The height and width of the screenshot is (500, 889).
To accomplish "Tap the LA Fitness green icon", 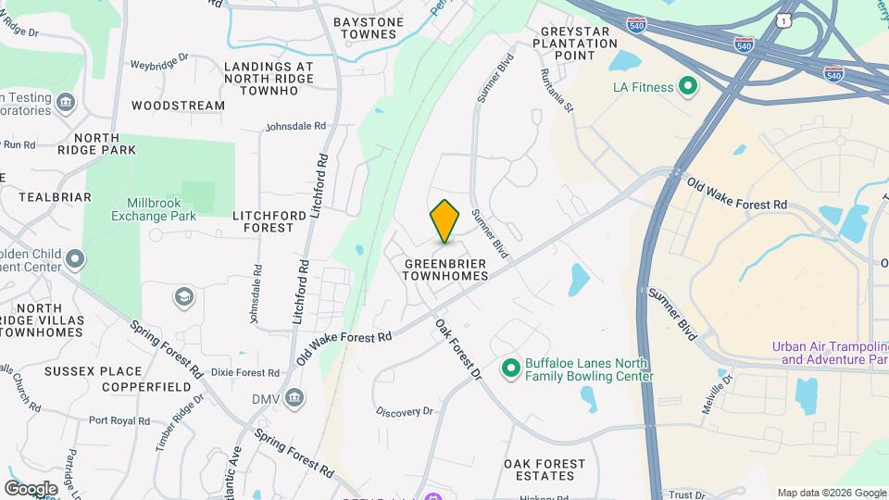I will tap(688, 88).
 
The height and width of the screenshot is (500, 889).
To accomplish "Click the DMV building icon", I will tap(294, 399).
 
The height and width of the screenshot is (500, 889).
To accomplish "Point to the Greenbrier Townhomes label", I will tap(445, 269).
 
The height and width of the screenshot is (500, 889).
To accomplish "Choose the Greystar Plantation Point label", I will tap(568, 43).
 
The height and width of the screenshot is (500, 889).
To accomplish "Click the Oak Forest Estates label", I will tap(545, 469).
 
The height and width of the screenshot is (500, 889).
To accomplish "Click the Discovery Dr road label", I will tap(404, 411).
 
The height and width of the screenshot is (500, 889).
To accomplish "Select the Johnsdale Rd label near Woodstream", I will tap(295, 126).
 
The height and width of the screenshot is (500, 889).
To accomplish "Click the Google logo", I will tap(31, 489).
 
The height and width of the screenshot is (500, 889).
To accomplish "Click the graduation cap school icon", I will tap(184, 297).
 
